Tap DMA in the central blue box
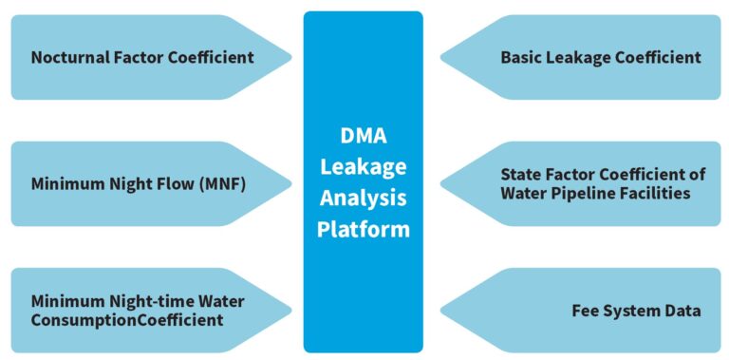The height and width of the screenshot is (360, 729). (363, 135)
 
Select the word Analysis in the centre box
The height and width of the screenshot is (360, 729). (363, 198)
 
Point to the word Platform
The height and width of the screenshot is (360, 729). (363, 229)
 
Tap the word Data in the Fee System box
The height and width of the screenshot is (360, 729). (682, 311)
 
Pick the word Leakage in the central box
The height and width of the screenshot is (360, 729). (363, 166)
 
